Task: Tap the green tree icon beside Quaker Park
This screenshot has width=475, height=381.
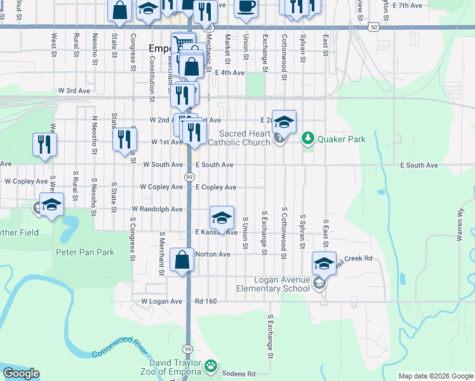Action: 308,137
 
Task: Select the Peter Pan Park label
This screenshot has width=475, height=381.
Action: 85,252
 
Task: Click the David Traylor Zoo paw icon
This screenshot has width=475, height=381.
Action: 211,366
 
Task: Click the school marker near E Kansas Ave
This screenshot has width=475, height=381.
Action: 222,218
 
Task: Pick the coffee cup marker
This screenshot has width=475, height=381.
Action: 246,6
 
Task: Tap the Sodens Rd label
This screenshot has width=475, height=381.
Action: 243,373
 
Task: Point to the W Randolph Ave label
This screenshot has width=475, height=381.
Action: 157,209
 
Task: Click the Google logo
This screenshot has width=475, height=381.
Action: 21,373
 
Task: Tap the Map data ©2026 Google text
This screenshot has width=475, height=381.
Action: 435,376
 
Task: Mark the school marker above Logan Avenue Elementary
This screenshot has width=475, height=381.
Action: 324,263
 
